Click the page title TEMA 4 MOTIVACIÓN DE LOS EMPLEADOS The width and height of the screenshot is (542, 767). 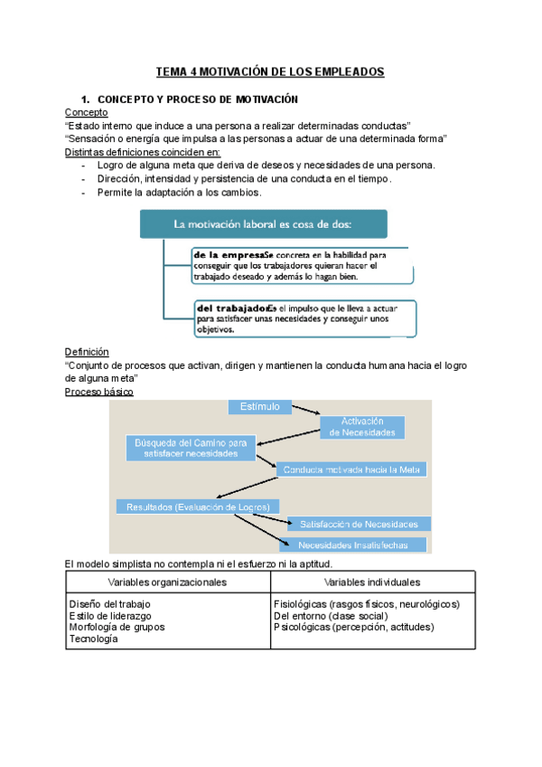coord(270,71)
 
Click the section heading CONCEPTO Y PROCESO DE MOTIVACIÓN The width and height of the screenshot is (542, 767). coord(197,98)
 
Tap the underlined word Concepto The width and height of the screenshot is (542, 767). coord(87,112)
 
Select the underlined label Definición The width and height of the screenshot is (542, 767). coord(87,351)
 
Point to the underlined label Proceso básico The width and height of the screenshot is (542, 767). coord(99,392)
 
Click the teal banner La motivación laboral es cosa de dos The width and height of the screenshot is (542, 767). coord(263,223)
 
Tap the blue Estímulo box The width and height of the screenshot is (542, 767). coord(260,407)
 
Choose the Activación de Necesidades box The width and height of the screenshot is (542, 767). coord(362,427)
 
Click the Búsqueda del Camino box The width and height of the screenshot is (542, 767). coord(190,448)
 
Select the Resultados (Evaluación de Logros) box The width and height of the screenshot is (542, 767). coord(198,507)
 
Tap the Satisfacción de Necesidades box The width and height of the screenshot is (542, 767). coord(359,524)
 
